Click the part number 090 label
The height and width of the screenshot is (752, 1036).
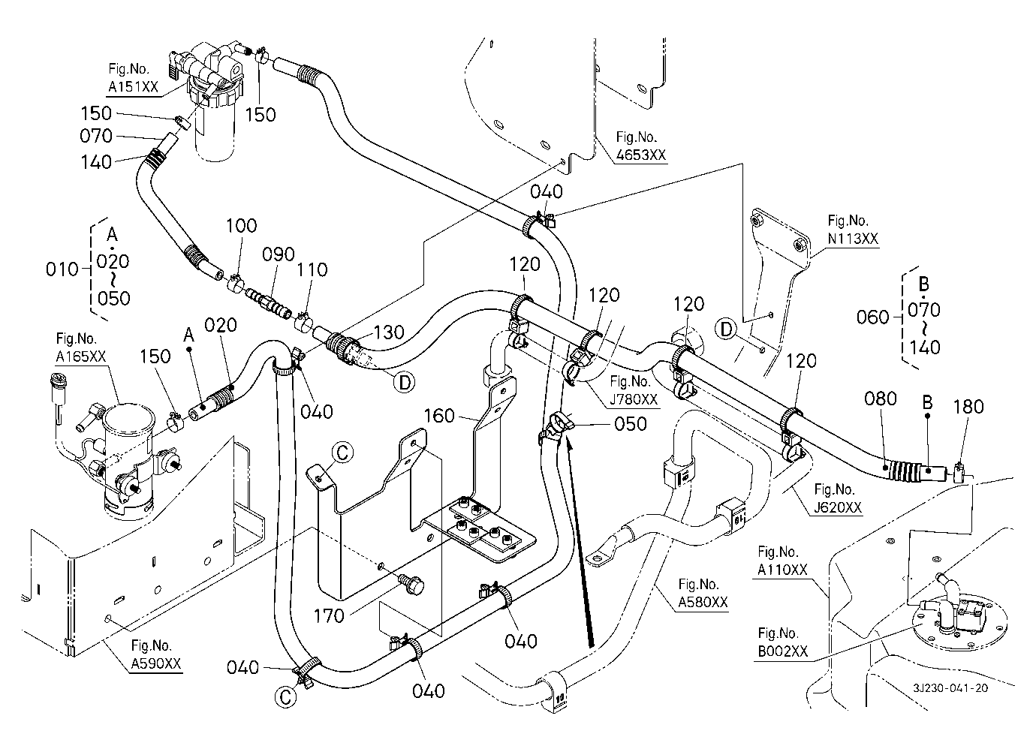pos(279,254)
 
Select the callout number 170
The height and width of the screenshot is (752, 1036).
pos(329,615)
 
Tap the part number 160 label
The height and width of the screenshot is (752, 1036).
pos(440,414)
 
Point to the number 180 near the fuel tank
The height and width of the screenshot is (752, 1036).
pos(968,406)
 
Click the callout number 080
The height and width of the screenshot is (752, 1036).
pos(881,398)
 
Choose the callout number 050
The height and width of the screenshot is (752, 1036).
pos(631,423)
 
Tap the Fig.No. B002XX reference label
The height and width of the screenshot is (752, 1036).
pos(783,642)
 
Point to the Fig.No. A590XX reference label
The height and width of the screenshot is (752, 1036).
pos(156,655)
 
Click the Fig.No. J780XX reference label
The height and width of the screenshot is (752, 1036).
pos(634,391)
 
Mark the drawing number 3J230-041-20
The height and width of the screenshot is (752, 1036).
pos(950,689)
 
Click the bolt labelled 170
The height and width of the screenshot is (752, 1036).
pos(411,583)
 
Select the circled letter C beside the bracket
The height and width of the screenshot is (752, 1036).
pos(342,453)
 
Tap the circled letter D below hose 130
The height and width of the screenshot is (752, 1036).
pos(404,383)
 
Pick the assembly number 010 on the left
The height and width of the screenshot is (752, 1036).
pos(62,269)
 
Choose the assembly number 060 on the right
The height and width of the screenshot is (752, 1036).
pos(872,317)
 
